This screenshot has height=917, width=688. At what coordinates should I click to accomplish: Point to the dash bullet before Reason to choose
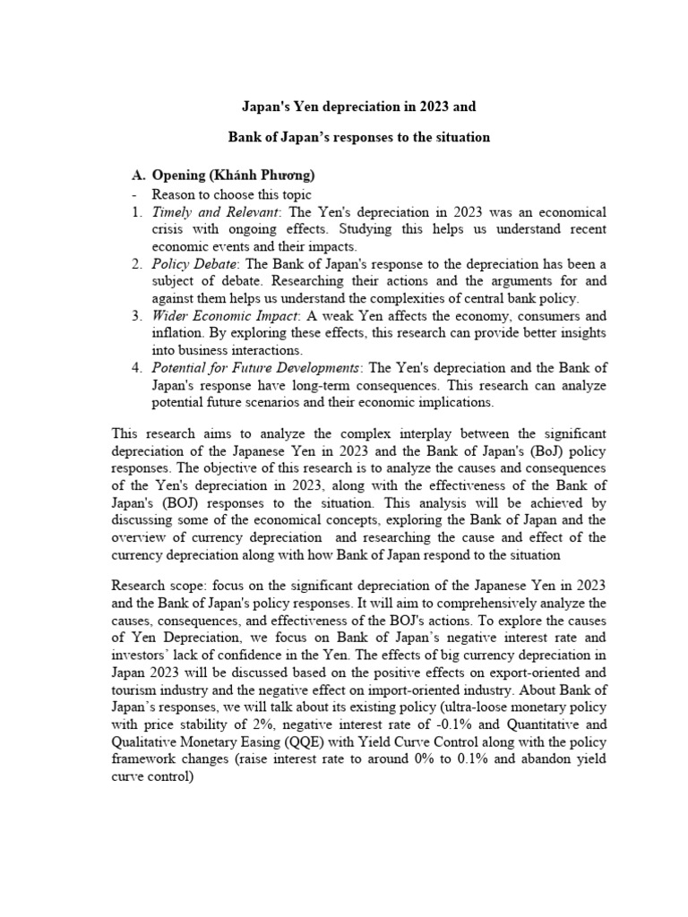(x=133, y=194)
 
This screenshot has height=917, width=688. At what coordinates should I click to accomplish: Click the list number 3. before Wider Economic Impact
(x=137, y=316)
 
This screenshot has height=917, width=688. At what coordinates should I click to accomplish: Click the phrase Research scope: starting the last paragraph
(x=156, y=586)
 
